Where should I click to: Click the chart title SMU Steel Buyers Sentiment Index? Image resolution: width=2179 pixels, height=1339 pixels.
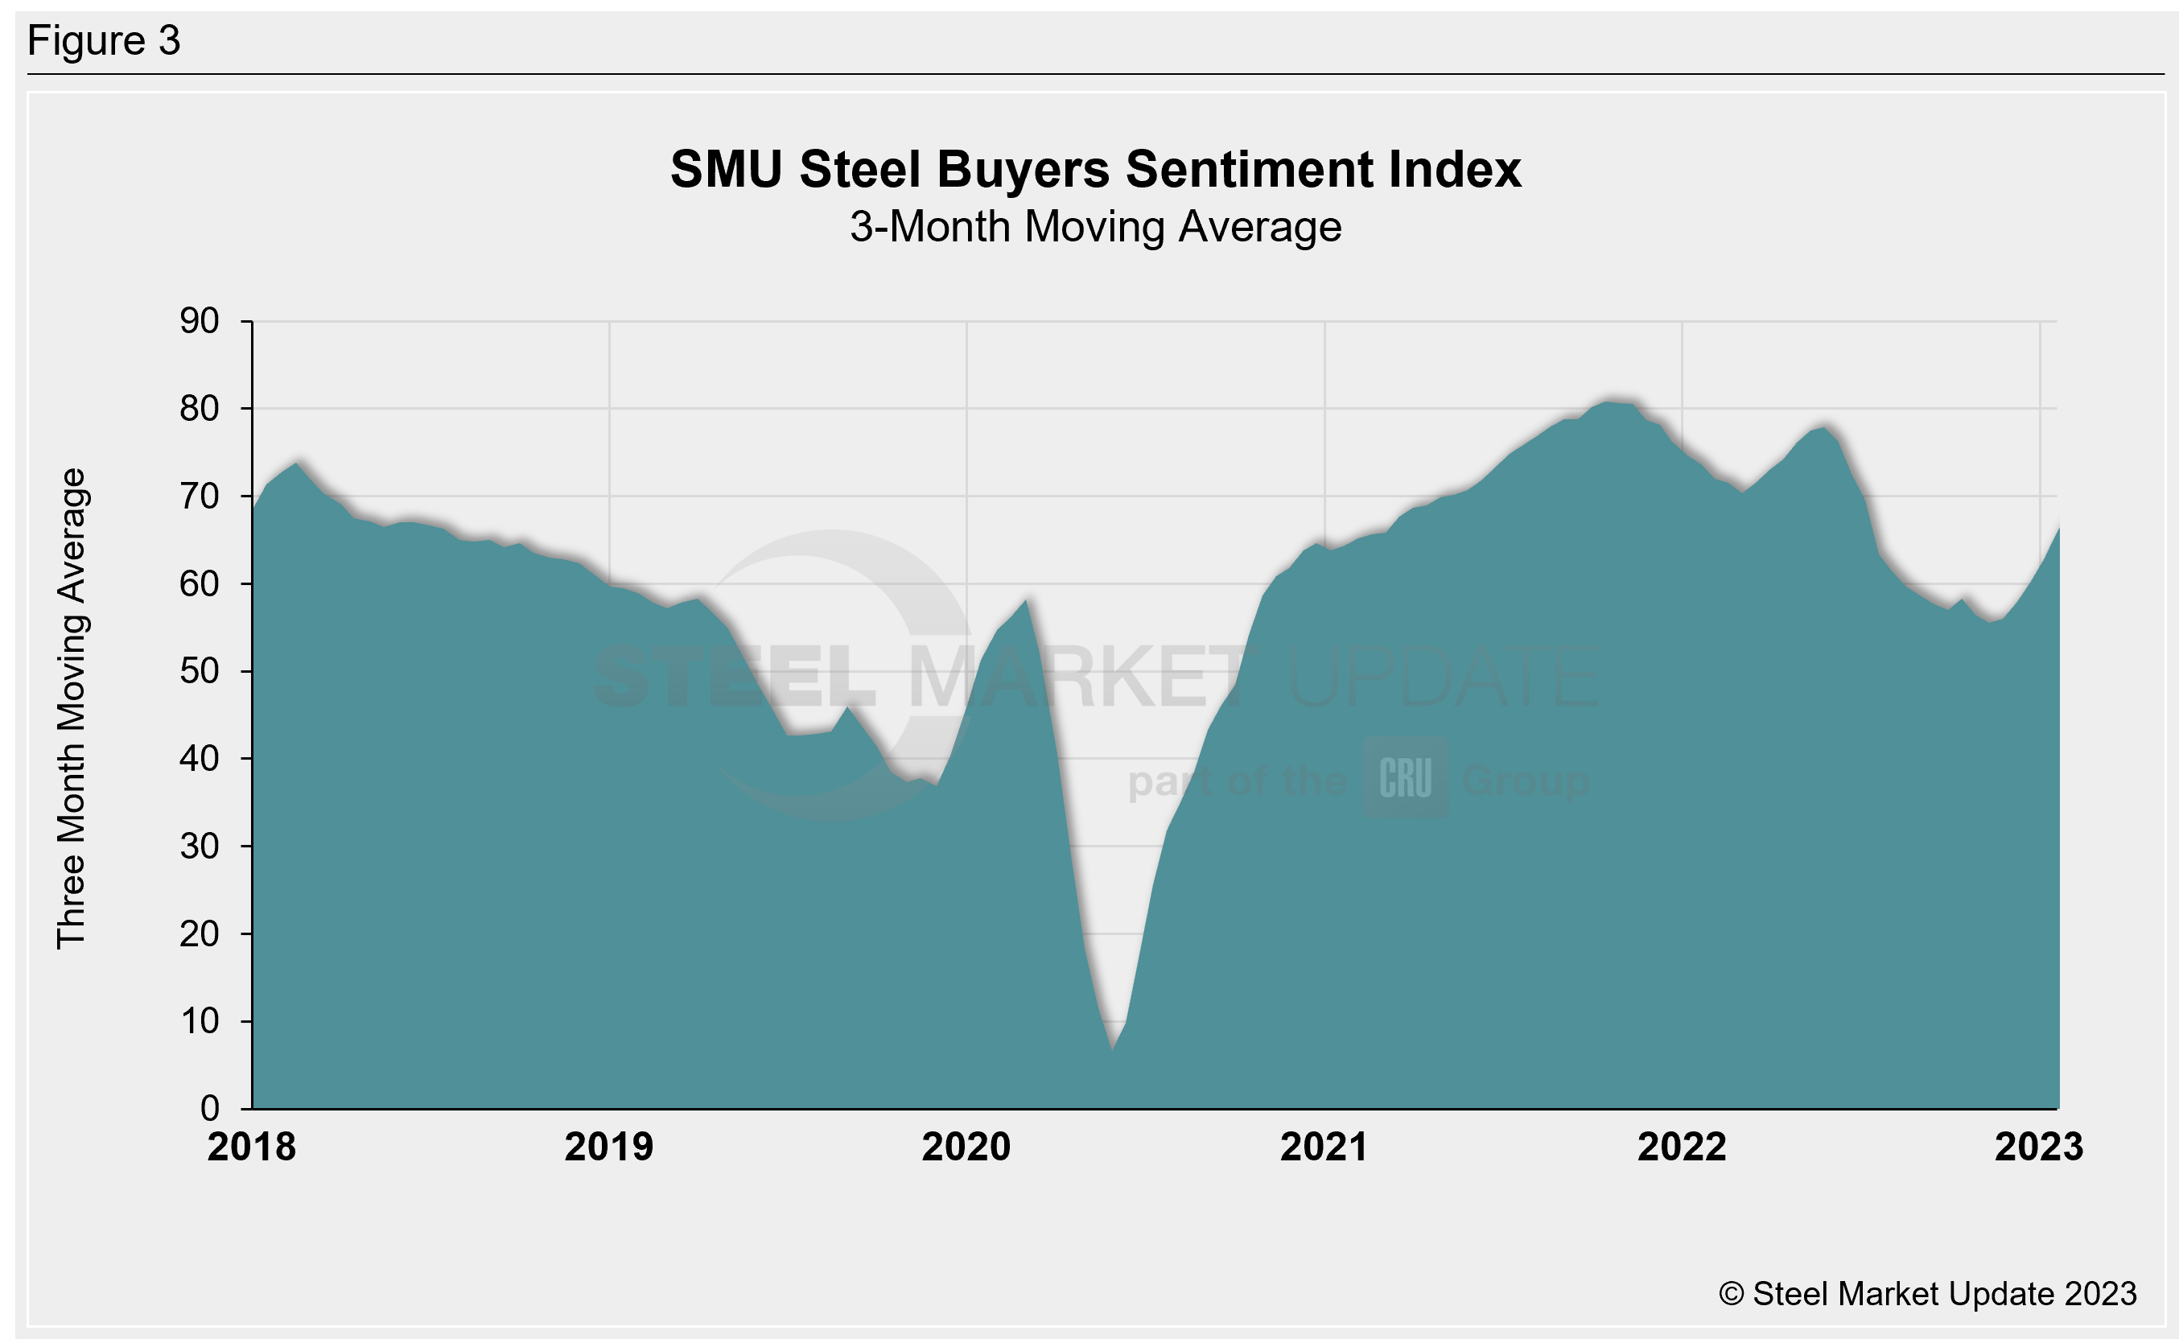click(1095, 169)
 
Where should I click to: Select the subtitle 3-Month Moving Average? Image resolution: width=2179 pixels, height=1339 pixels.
click(1095, 227)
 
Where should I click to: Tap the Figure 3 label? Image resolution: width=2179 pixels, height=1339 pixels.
click(104, 41)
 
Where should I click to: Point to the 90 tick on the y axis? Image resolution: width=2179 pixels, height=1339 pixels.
click(200, 320)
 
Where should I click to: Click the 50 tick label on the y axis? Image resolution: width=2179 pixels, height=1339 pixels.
click(200, 671)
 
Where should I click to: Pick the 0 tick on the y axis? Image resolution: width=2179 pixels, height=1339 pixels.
click(210, 1108)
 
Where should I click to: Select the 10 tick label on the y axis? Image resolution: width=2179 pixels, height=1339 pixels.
click(200, 1021)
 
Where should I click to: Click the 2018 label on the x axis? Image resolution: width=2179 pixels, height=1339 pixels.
click(252, 1147)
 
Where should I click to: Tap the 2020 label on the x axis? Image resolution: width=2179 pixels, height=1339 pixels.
click(966, 1147)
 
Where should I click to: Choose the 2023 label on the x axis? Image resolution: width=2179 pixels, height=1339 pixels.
click(2038, 1147)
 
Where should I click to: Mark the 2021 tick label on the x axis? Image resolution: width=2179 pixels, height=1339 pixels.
click(1324, 1147)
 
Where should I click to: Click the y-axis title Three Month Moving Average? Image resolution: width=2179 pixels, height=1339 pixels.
click(72, 708)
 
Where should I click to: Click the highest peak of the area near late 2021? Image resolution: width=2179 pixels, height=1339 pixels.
click(1609, 402)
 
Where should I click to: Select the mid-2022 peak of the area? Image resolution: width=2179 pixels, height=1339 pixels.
click(1824, 428)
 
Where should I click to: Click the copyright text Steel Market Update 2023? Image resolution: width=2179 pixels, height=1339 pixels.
click(1927, 1294)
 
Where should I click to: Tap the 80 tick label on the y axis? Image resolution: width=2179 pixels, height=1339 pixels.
click(200, 408)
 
